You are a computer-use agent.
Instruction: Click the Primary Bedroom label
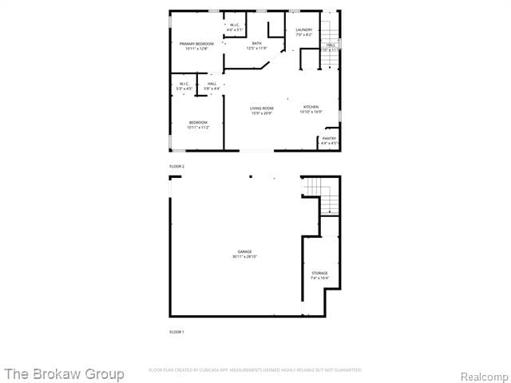tap(196, 44)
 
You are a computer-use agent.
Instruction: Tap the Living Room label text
tap(261, 108)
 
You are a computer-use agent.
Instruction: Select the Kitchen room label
tap(311, 107)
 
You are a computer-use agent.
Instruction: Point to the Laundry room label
tap(303, 30)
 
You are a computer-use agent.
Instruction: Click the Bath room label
tap(256, 43)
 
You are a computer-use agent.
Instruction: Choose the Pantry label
tap(329, 138)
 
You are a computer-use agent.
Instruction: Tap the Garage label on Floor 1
tap(244, 251)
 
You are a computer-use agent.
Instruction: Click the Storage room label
tap(319, 274)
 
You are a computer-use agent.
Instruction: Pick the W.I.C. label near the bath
tap(235, 26)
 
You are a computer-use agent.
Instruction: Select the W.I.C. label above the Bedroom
tap(184, 84)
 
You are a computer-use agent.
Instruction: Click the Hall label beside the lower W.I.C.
tap(212, 84)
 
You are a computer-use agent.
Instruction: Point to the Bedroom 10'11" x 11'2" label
tap(198, 122)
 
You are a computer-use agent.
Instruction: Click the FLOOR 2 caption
tap(176, 166)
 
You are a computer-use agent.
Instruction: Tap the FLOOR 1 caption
tap(176, 331)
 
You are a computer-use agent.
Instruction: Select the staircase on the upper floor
tap(330, 24)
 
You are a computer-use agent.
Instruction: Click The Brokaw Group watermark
tap(64, 373)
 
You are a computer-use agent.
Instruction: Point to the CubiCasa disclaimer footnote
tap(255, 370)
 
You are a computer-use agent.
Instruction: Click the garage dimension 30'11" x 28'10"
tap(244, 256)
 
